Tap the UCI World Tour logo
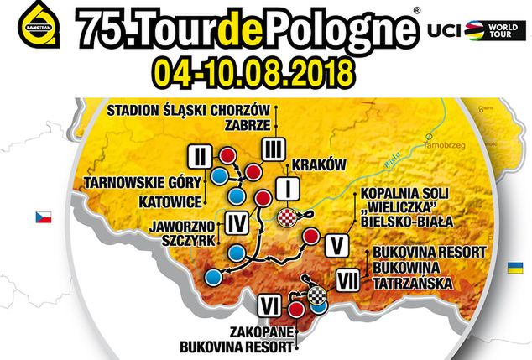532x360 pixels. click(473, 31)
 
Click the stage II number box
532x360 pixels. click(200, 155)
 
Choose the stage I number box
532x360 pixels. click(287, 186)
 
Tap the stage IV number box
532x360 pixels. click(237, 222)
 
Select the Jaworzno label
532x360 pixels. click(177, 225)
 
